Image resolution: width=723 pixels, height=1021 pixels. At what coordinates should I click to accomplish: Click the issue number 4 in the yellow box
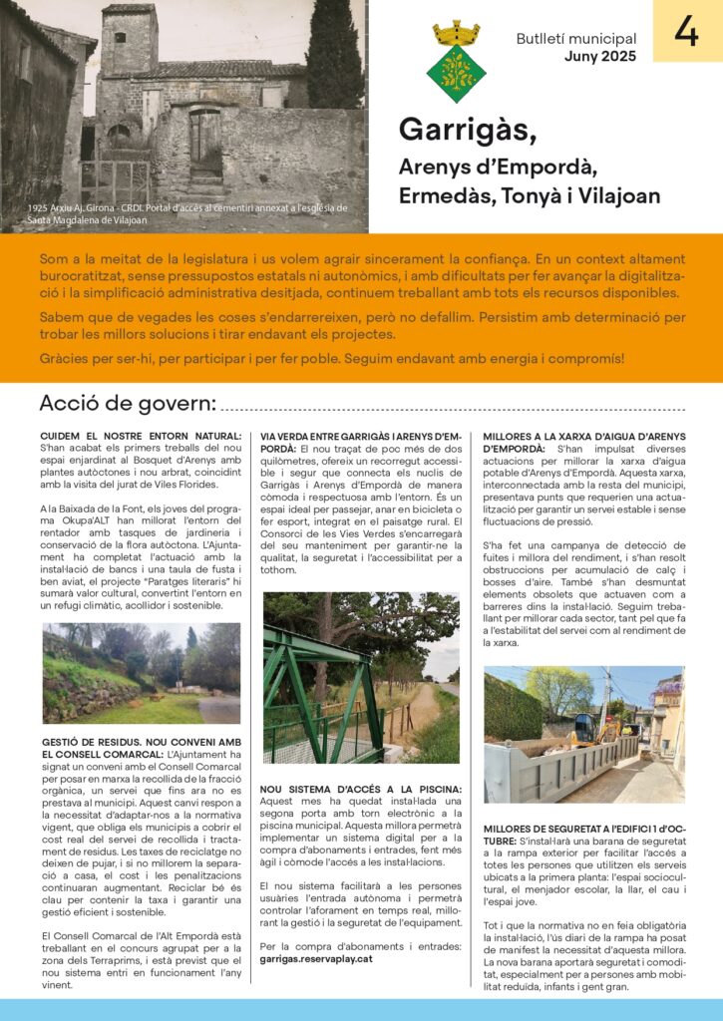click(687, 32)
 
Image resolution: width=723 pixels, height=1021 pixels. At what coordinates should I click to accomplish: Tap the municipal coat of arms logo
click(456, 61)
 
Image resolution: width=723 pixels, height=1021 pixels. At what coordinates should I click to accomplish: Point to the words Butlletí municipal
click(575, 39)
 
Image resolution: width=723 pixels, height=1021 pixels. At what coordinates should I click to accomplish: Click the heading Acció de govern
click(127, 404)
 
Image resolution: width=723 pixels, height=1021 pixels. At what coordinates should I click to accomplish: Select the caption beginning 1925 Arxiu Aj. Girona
click(187, 213)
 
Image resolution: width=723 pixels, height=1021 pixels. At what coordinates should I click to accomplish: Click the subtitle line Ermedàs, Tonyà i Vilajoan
click(529, 195)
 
